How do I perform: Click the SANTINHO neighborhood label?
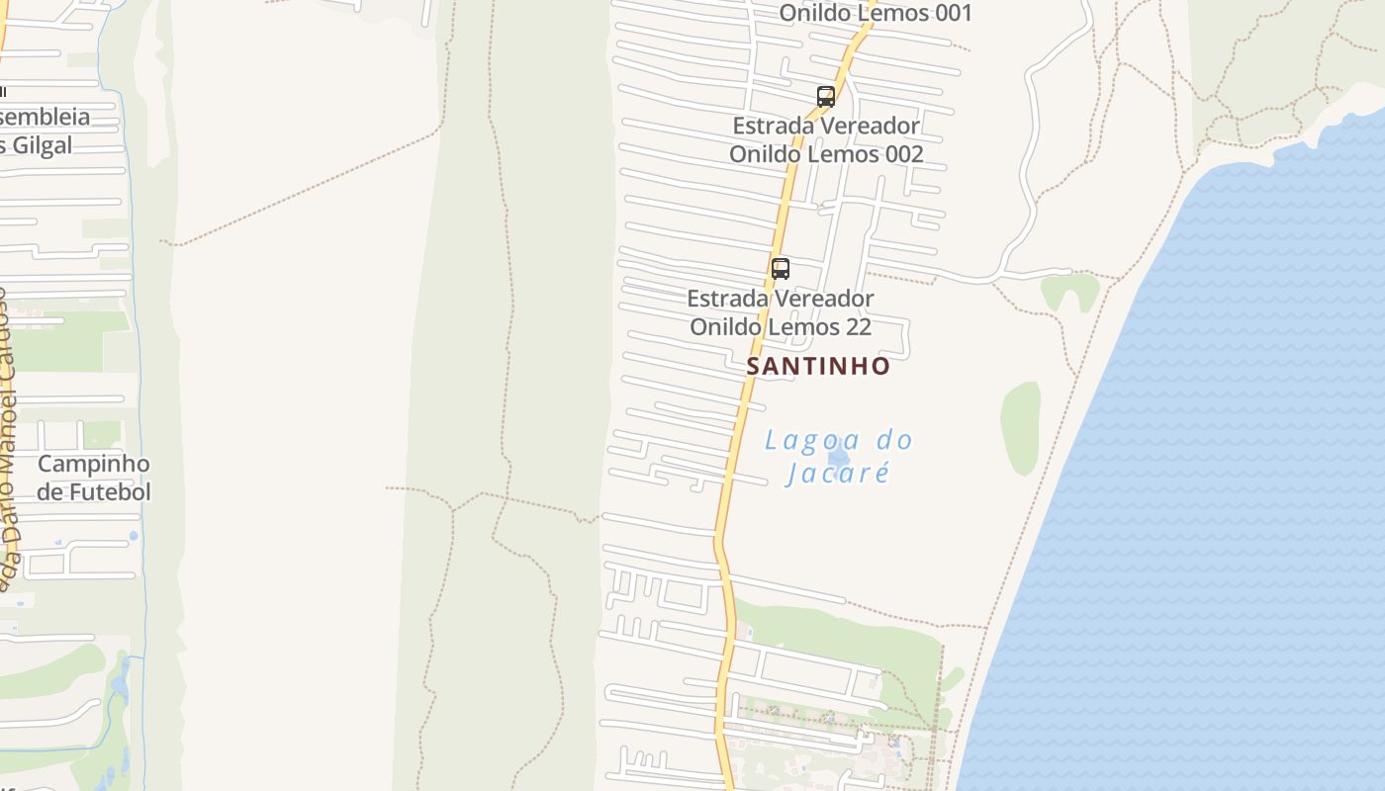(818, 366)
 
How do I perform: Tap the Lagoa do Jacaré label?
(838, 456)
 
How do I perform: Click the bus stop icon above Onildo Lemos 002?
(826, 96)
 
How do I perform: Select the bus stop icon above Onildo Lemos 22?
(781, 268)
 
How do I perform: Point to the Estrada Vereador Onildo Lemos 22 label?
(781, 311)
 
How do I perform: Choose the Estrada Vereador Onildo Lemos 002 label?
(826, 139)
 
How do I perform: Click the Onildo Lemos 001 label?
(876, 13)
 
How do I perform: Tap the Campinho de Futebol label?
(93, 478)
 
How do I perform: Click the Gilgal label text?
(44, 145)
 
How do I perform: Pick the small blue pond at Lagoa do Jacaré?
(839, 456)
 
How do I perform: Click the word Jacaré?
(837, 473)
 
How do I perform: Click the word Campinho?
(93, 464)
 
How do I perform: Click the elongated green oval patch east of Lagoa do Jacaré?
(1020, 427)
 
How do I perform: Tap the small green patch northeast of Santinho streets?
(1070, 291)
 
